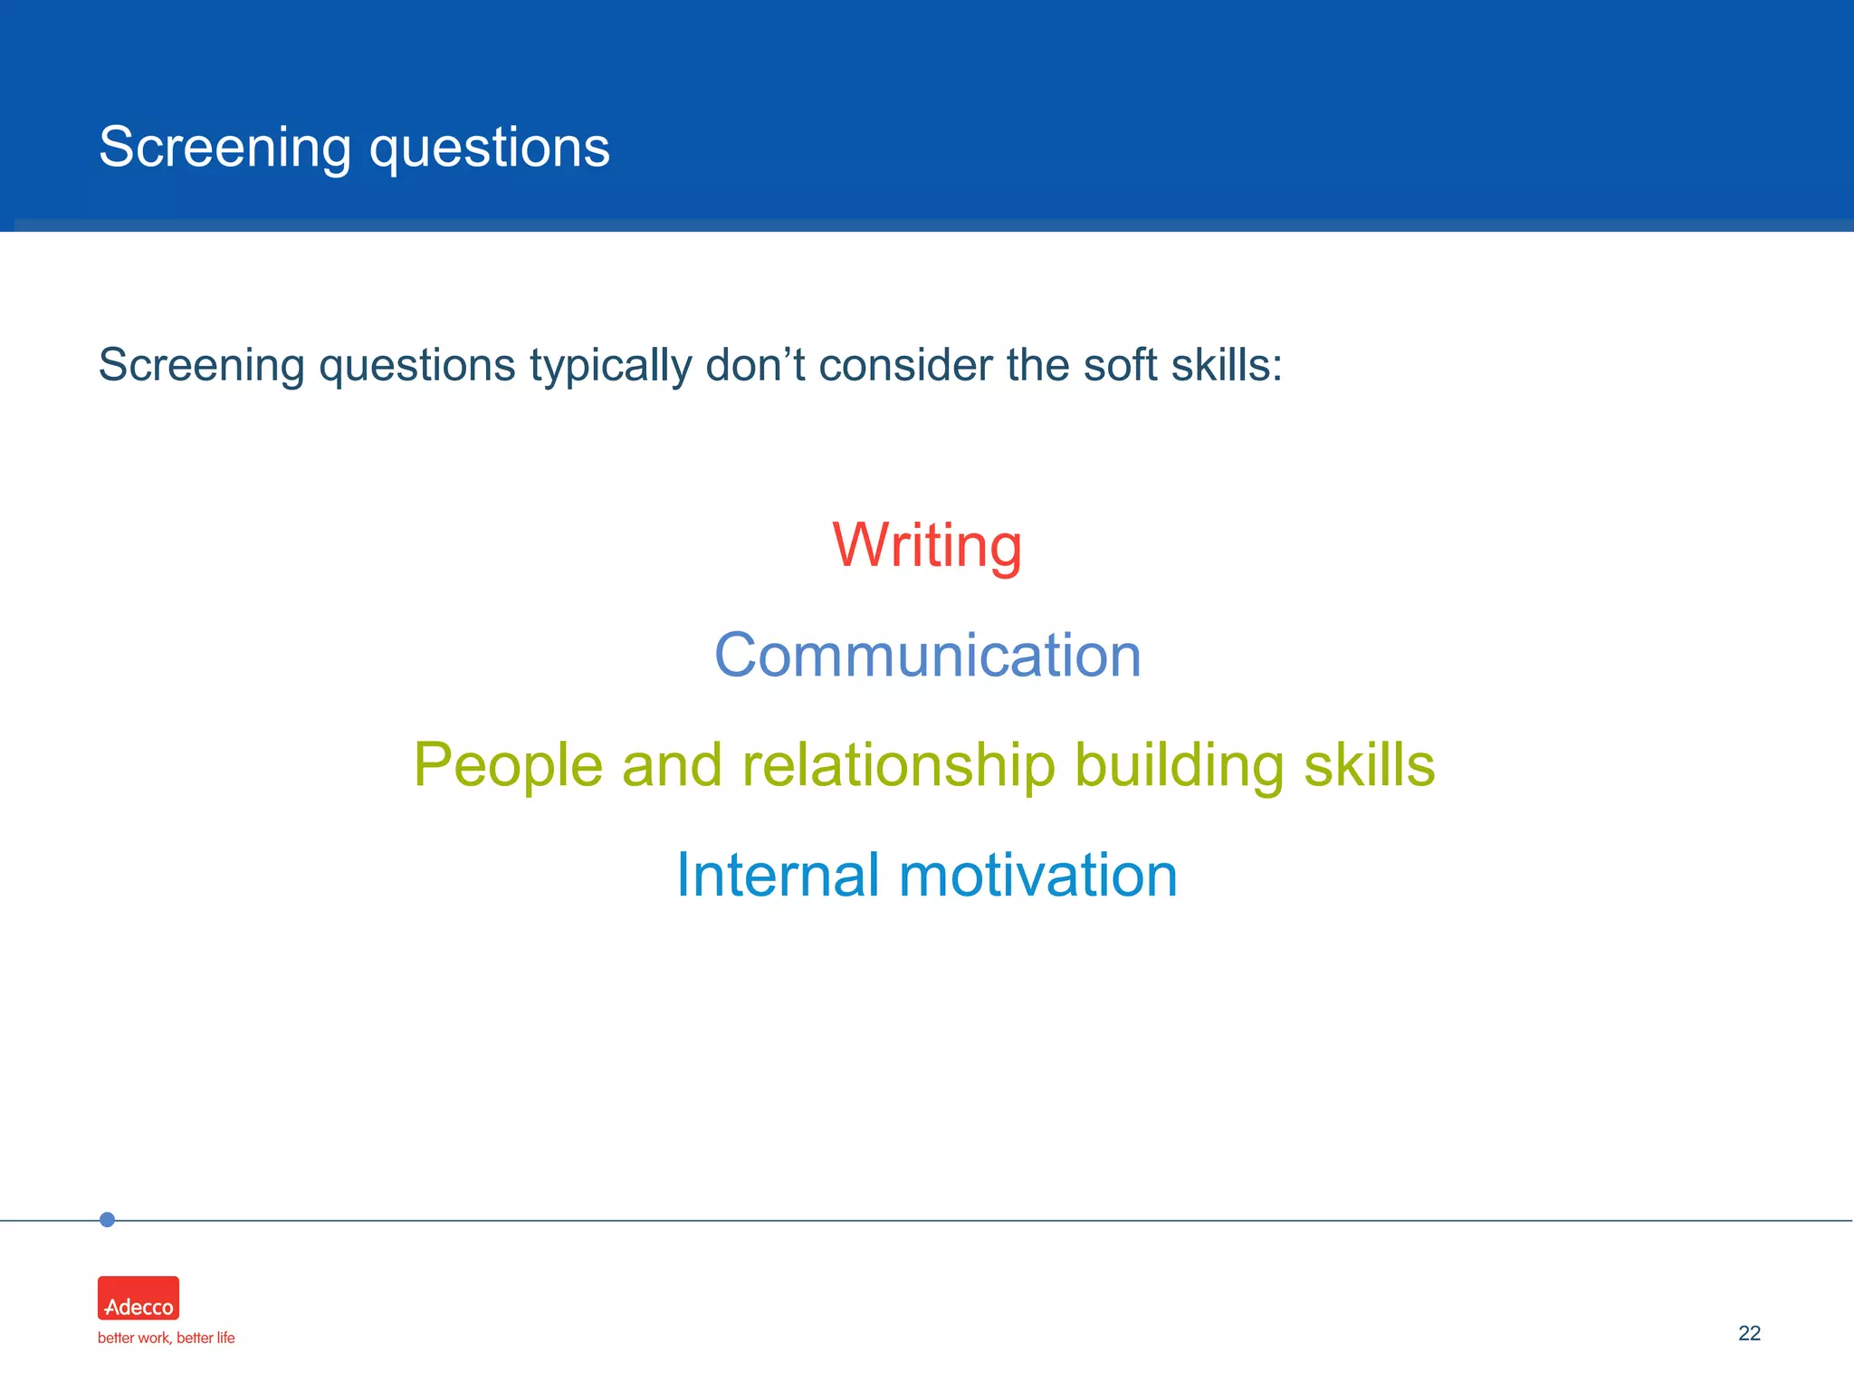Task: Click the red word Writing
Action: point(927,546)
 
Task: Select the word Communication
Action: point(927,656)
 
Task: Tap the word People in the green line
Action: point(508,766)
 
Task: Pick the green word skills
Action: point(1369,764)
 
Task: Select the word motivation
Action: point(1037,876)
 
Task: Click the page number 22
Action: point(1749,1333)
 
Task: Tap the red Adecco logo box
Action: point(139,1298)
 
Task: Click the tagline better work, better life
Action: point(166,1338)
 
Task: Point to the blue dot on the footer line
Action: point(107,1220)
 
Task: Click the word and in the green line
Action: point(672,766)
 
